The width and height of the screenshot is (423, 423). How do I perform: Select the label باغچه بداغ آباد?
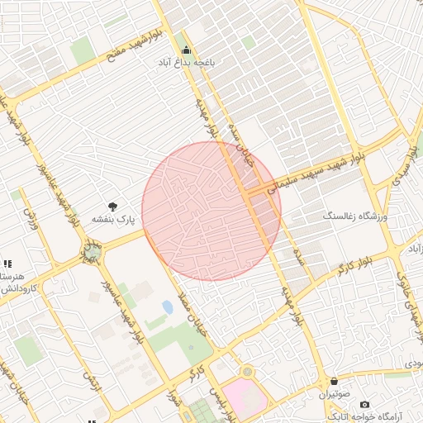187,62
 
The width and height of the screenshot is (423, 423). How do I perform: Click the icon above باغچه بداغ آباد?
186,49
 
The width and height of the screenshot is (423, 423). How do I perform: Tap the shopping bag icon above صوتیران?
333,381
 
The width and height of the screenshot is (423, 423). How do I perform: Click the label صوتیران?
333,394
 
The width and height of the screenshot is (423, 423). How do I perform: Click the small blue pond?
168,307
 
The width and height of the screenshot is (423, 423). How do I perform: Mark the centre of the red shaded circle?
211,211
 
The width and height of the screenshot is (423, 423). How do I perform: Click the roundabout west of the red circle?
91,250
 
